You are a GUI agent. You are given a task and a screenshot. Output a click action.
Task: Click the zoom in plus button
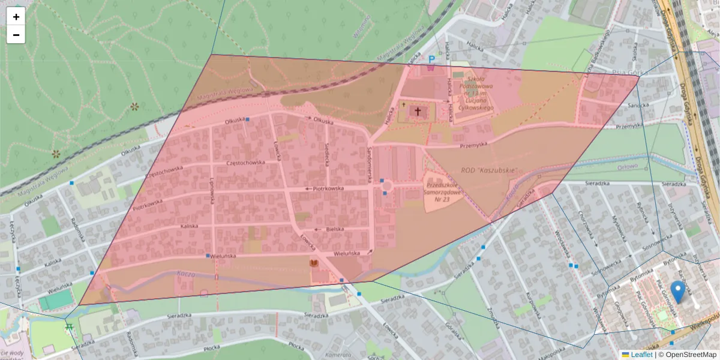(x=16, y=17)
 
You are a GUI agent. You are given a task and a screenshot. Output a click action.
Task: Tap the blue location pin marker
(x=678, y=292)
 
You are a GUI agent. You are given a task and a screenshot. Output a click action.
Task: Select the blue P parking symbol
(x=431, y=59)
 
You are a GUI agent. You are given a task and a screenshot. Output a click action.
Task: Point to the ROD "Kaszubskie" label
(x=489, y=170)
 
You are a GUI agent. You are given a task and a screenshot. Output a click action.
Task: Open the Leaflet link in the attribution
(x=641, y=355)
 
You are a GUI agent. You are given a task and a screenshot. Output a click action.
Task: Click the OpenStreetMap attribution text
(x=691, y=355)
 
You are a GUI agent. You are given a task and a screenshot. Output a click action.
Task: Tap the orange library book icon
(x=313, y=263)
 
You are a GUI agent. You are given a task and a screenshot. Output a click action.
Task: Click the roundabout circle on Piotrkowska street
(x=386, y=188)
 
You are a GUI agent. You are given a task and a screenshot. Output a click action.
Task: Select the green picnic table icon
(x=69, y=328)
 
